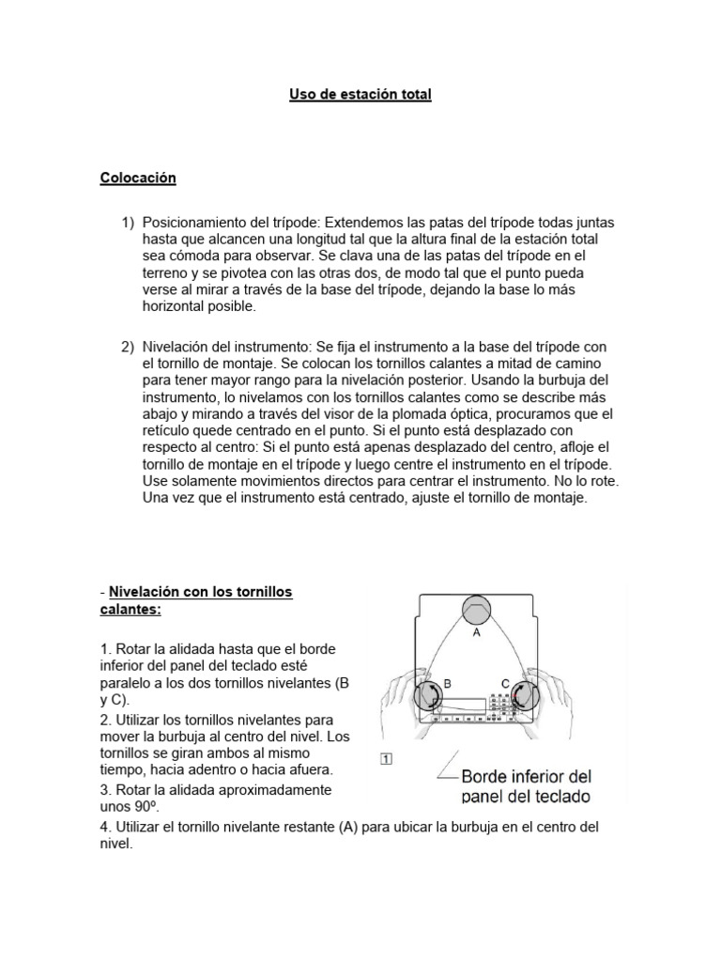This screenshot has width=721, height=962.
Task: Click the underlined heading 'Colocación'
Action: coord(138,178)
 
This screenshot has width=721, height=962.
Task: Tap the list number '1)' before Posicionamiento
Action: coord(129,223)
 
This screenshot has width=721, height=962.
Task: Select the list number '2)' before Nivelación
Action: coord(129,347)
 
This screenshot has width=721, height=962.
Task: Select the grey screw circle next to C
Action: coord(521,696)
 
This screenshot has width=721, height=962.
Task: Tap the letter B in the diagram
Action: coord(449,686)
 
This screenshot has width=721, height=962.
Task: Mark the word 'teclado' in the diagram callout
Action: coord(560,798)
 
